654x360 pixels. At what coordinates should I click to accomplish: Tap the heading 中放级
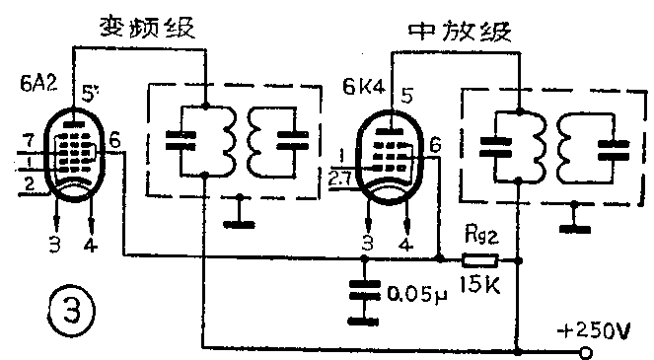(x=461, y=34)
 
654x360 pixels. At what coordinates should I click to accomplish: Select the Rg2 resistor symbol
(x=482, y=260)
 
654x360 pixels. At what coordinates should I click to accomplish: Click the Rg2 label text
(x=481, y=236)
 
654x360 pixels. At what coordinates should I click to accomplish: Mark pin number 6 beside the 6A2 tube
(x=114, y=141)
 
